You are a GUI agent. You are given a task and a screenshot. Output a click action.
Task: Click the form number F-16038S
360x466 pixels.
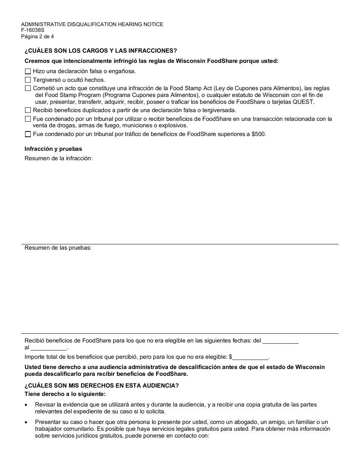33,31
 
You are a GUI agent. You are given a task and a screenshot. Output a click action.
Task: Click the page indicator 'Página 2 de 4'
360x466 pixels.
38,37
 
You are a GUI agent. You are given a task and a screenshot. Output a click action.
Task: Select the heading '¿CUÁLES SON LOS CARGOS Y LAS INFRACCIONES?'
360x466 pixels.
100,51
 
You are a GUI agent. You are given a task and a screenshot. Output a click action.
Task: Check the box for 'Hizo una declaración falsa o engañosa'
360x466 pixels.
28,71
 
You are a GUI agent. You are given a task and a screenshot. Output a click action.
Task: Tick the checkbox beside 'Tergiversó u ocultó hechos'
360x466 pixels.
28,80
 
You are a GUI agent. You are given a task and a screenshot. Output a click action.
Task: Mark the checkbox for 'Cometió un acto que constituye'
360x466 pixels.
28,88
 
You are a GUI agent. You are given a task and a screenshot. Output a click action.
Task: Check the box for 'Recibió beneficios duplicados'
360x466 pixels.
28,110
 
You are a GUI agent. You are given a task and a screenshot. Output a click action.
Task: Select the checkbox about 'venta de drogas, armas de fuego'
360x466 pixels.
28,119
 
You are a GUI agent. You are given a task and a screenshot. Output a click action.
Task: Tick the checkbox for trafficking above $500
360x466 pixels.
28,134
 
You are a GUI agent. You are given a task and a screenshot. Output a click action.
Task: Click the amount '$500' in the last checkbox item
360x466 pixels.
259,134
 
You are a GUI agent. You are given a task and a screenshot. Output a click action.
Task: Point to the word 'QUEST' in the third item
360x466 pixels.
303,102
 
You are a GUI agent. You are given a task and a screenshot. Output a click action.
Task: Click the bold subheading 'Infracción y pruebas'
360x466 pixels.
53,149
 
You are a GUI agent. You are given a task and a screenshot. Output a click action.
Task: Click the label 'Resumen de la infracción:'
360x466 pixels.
58,158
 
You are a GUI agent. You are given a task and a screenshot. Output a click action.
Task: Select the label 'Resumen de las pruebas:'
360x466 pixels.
58,248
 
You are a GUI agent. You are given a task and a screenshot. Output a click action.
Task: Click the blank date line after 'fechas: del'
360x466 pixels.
280,341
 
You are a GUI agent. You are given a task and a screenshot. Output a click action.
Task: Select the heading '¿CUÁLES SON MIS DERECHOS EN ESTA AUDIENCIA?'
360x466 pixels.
102,386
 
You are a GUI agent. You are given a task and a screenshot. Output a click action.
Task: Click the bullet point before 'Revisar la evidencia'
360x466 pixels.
26,405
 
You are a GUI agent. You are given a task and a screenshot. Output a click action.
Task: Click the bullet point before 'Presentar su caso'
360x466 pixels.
26,422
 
